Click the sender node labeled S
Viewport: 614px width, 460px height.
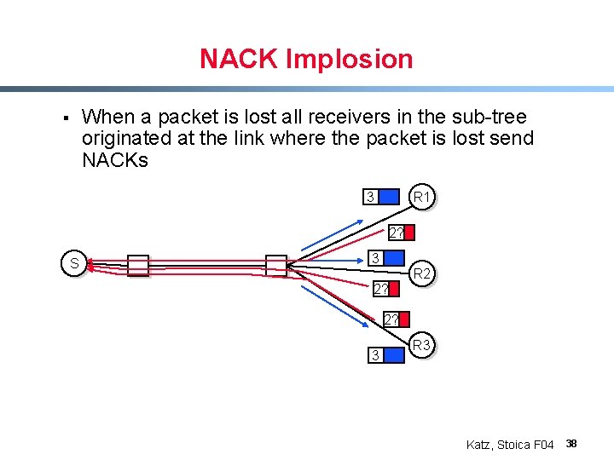point(74,264)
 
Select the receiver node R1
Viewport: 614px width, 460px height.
point(422,198)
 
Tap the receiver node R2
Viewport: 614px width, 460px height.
point(421,273)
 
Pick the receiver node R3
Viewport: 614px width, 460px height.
point(421,346)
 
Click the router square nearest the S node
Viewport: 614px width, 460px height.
point(138,266)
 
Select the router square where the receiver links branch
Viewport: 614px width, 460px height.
point(276,265)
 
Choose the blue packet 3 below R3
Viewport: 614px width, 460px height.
point(384,354)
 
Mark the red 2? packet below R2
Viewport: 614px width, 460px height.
point(385,290)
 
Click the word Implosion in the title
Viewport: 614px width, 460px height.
point(350,60)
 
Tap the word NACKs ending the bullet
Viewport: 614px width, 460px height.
point(114,160)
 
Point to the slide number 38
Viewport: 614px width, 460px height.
point(571,444)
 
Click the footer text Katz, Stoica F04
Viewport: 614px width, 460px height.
point(510,445)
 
